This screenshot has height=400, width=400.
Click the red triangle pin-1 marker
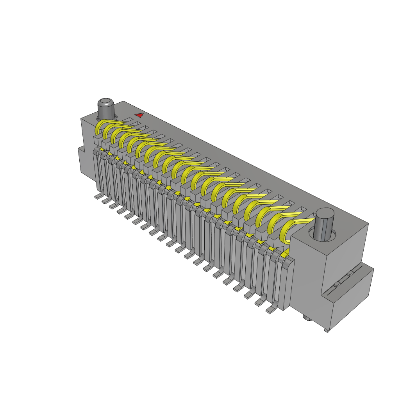point(139,115)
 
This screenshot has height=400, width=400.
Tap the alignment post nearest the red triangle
point(106,111)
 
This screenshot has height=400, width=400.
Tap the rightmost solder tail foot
point(270,310)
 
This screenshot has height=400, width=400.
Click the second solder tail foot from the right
point(259,302)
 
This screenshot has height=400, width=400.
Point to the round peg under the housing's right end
point(307,319)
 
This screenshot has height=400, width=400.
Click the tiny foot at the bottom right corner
point(327,331)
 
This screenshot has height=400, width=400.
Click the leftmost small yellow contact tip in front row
point(102,150)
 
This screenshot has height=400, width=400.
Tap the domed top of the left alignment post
point(105,102)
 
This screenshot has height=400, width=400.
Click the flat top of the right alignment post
point(325,213)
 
